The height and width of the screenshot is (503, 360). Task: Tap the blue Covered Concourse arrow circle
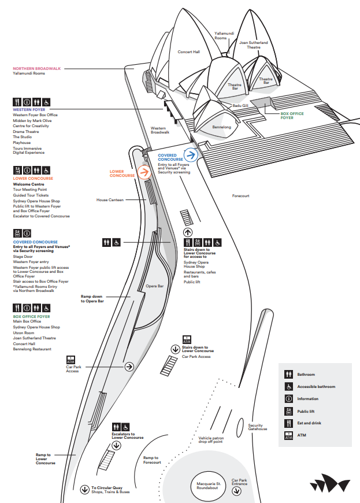point(192,154)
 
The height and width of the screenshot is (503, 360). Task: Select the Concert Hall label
point(188,52)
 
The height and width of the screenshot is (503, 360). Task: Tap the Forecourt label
point(240,196)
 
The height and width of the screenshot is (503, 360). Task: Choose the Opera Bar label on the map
point(155,286)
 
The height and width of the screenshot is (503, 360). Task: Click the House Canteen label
point(110,200)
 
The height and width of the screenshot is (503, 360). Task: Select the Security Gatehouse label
point(258,427)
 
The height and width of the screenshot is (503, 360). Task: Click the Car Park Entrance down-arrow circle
point(236,491)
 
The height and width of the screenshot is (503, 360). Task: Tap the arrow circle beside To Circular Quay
point(85,490)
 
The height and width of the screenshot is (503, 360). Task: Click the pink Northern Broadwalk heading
point(37,68)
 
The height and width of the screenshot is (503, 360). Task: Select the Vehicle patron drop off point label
point(214,440)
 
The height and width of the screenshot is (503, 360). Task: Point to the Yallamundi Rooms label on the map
point(221,36)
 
